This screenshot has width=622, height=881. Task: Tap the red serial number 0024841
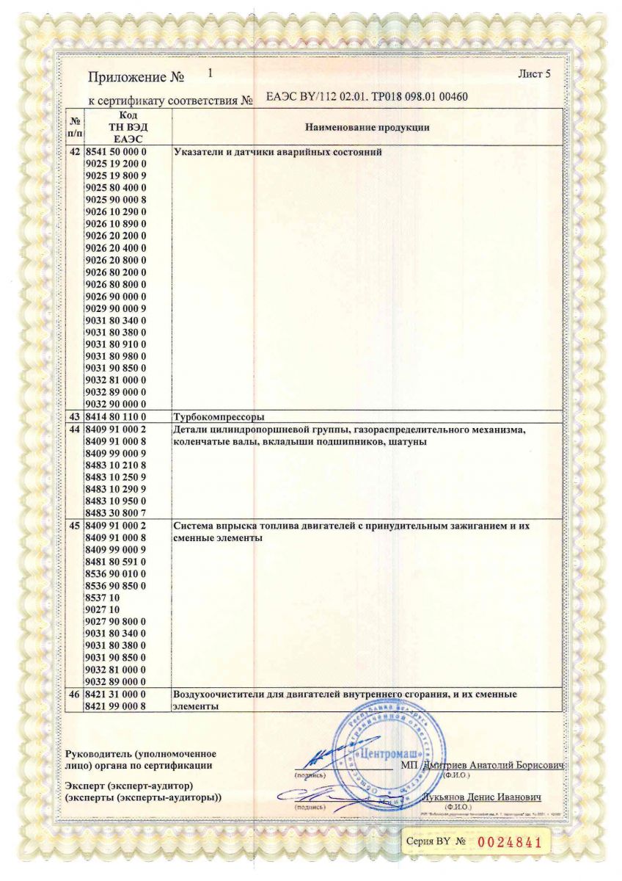click(509, 842)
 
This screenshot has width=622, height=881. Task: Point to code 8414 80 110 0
click(116, 416)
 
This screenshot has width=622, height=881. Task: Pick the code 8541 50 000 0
click(116, 152)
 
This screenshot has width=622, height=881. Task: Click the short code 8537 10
click(102, 598)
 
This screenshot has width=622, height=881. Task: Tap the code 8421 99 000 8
click(116, 706)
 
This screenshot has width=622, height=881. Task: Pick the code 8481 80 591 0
click(116, 562)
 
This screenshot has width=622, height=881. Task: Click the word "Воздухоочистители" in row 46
click(219, 694)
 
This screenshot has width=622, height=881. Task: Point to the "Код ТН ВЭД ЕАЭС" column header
click(127, 127)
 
